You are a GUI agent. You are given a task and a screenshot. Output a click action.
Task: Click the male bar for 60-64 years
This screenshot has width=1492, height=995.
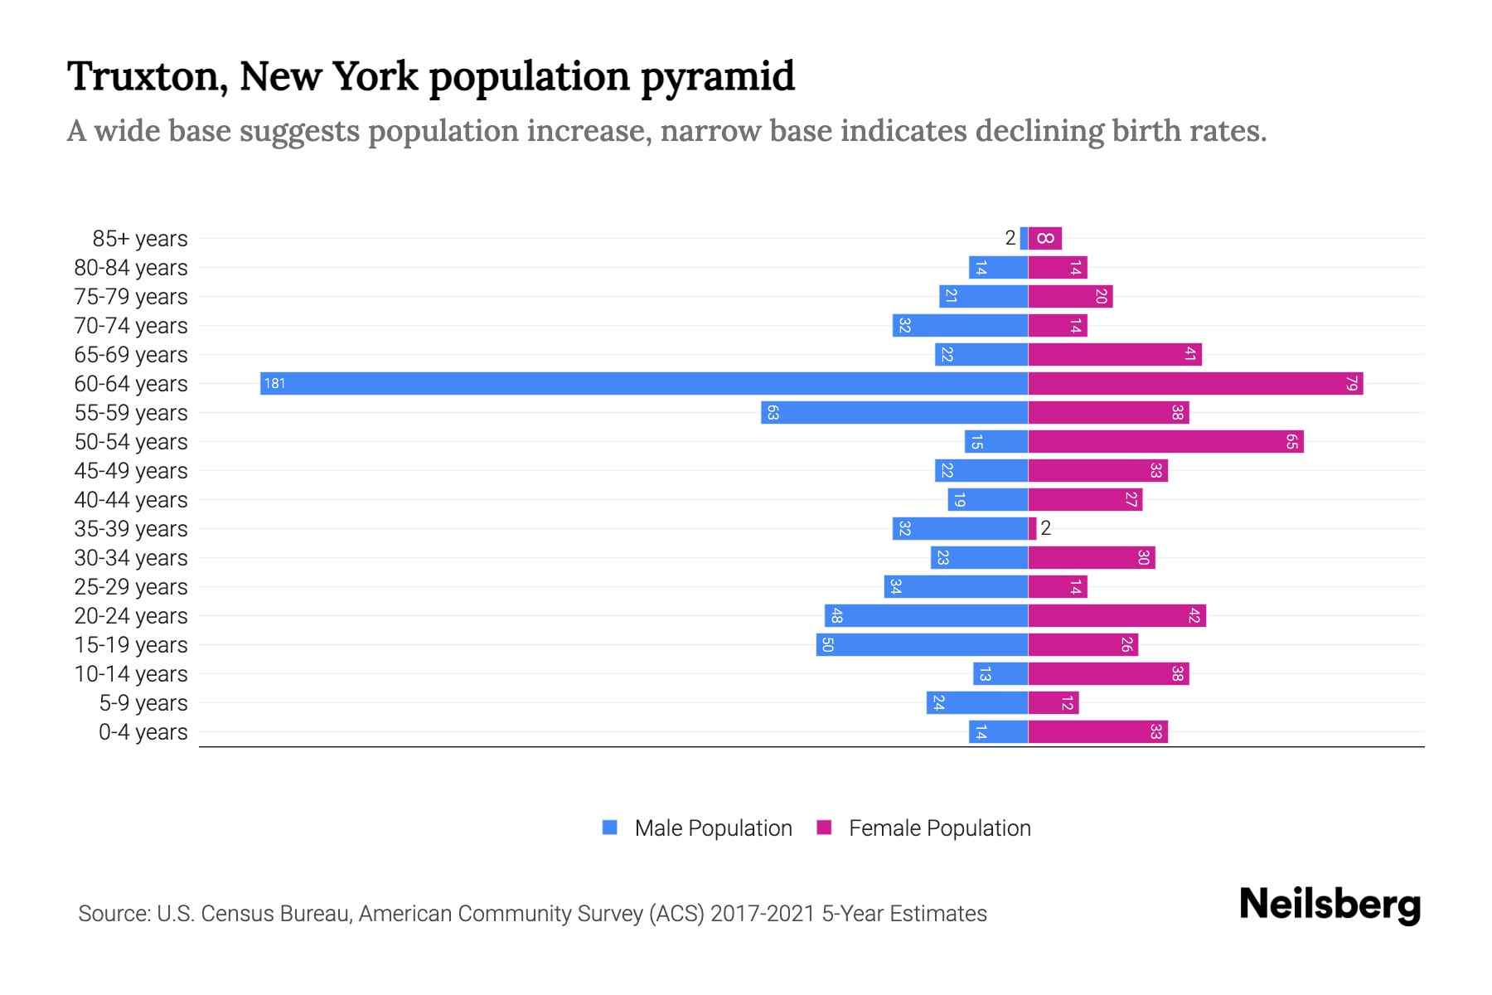click(x=644, y=383)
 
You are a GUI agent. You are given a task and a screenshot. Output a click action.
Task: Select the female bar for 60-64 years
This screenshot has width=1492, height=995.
click(x=1195, y=383)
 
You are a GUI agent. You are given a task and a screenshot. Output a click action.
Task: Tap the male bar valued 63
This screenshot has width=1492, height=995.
click(x=894, y=412)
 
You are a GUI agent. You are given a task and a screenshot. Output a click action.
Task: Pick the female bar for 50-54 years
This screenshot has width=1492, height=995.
click(x=1165, y=441)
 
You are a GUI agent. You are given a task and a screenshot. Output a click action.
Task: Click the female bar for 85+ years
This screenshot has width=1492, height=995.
click(x=1045, y=238)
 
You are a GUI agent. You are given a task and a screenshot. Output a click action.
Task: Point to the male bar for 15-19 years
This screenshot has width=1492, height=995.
click(x=922, y=644)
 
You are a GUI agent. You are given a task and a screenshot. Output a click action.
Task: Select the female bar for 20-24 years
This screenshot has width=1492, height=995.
click(x=1117, y=615)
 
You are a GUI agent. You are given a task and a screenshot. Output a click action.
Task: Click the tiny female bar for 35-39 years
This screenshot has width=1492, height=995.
click(x=1033, y=528)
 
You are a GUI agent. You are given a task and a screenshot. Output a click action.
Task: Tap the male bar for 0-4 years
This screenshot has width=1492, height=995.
click(x=998, y=731)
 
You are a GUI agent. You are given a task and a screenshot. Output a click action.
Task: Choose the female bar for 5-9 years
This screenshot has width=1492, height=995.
click(x=1054, y=702)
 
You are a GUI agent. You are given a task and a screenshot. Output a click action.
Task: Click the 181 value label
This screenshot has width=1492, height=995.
click(x=274, y=383)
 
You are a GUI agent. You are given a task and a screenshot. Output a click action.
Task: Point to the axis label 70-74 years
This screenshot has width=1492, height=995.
click(x=131, y=326)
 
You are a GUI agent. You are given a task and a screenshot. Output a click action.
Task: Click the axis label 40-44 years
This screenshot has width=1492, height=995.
click(x=131, y=500)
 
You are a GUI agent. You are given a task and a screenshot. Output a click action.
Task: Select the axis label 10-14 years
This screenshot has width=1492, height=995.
click(x=131, y=674)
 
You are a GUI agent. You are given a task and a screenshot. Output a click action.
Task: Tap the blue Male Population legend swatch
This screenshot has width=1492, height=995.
click(x=610, y=828)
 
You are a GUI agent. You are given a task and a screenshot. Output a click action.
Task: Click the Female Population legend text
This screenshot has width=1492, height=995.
click(x=939, y=828)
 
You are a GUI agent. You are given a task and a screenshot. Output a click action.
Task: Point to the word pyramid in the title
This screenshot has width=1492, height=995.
click(x=717, y=76)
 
